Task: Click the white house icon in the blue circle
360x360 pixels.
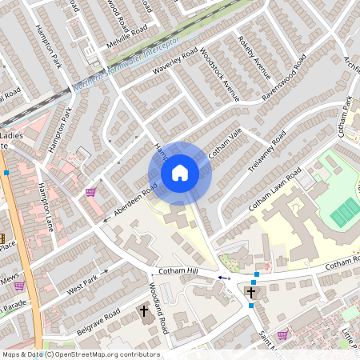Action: click(180, 173)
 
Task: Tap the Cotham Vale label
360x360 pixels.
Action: click(225, 143)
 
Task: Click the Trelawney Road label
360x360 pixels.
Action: click(267, 150)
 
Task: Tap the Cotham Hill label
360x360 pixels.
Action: click(177, 273)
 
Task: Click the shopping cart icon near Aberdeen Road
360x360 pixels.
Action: click(90, 192)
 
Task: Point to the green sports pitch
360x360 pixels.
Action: click(345, 213)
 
